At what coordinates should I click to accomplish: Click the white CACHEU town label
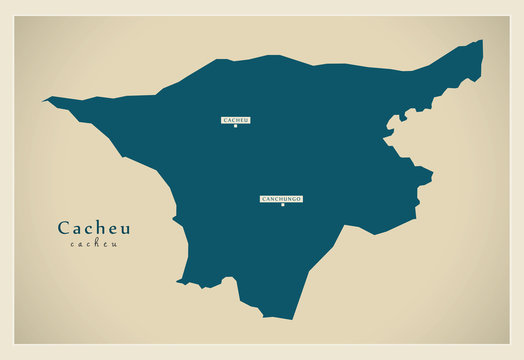pos(236,120)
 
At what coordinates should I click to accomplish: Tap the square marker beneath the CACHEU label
pos(236,126)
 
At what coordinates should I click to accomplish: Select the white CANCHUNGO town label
pos(281,199)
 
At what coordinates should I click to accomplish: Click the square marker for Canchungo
pos(282,205)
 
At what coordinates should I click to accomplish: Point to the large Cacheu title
pos(94,228)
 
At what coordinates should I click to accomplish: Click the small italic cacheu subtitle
pos(94,244)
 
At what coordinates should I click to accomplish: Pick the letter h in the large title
pos(100,228)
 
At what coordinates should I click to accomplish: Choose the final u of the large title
pos(125,229)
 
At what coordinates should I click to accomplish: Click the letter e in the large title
pos(112,229)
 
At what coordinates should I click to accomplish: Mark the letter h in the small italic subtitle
pos(94,244)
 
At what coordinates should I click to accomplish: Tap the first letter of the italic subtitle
pos(73,244)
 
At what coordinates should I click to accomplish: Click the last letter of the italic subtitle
pos(114,244)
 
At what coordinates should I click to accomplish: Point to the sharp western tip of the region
pos(44,100)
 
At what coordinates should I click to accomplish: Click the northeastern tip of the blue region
pos(481,42)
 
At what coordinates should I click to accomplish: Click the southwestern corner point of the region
pos(179,282)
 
